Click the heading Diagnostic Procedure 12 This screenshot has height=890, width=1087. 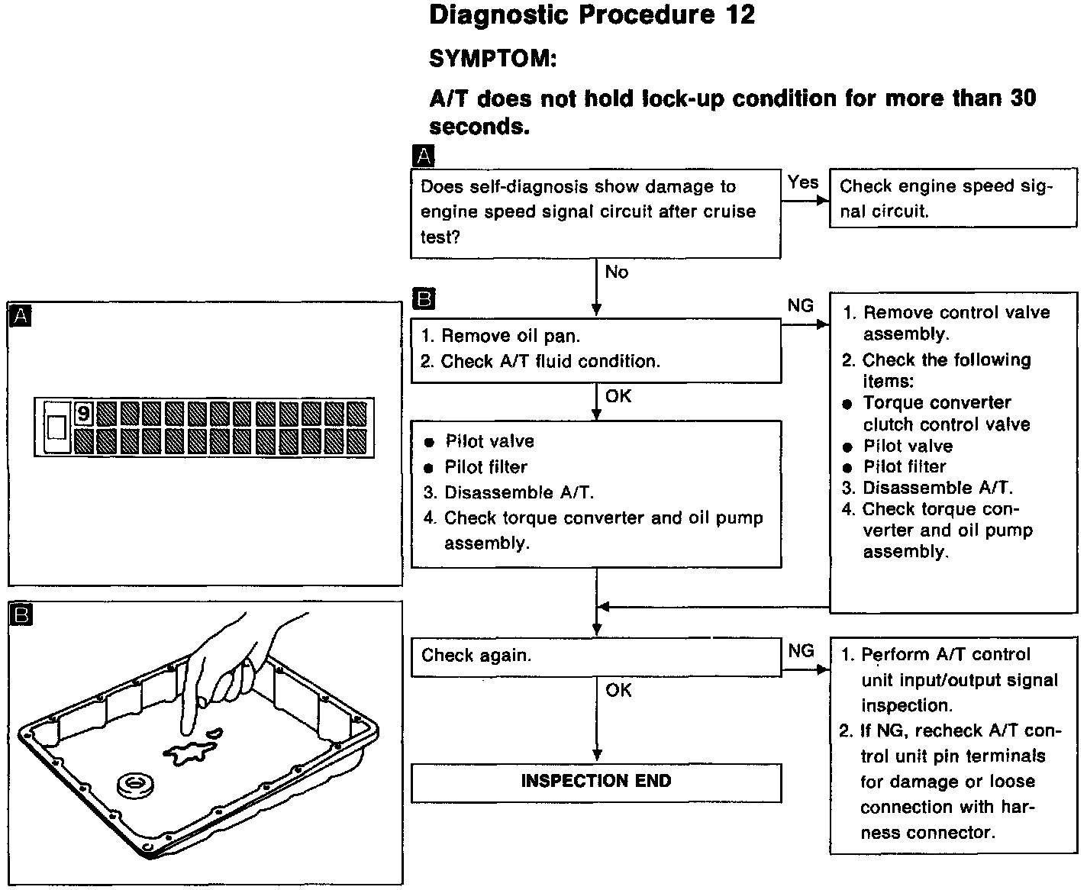[x=592, y=15]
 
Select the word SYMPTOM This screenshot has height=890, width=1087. [x=492, y=58]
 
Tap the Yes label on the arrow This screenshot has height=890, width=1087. [x=803, y=182]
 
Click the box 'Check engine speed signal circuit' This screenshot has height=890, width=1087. [x=953, y=198]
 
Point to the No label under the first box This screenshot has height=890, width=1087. [x=617, y=272]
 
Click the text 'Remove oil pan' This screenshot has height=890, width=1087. [x=510, y=336]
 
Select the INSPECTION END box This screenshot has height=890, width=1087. [x=595, y=782]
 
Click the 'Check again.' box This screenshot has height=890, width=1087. [x=595, y=656]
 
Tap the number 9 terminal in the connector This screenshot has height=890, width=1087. [x=83, y=414]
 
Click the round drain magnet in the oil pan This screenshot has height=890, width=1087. [x=136, y=783]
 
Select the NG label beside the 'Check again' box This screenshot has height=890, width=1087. [x=801, y=651]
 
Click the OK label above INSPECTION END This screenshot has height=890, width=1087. [x=618, y=690]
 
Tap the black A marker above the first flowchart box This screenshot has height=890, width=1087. [x=422, y=157]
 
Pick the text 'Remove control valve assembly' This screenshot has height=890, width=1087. [x=956, y=323]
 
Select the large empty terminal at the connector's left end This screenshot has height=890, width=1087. [x=56, y=427]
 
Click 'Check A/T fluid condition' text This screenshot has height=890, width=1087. [x=550, y=361]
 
